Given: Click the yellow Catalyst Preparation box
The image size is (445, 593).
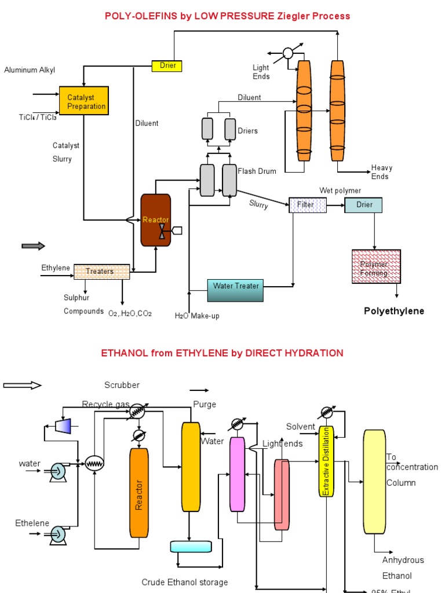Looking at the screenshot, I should pyautogui.click(x=84, y=101).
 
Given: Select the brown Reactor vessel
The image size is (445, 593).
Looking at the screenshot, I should pyautogui.click(x=156, y=220).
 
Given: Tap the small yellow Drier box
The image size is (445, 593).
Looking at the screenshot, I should pyautogui.click(x=167, y=66).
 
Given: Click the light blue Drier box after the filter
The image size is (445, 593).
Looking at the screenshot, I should pyautogui.click(x=363, y=204).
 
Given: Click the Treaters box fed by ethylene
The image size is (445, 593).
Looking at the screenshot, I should pyautogui.click(x=102, y=272).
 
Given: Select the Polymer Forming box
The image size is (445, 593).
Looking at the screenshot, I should pyautogui.click(x=376, y=266).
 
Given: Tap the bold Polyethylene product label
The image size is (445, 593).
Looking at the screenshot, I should pyautogui.click(x=394, y=311).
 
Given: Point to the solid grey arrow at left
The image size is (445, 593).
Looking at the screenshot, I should pyautogui.click(x=33, y=246).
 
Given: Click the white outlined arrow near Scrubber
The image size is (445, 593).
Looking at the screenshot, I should pyautogui.click(x=23, y=385).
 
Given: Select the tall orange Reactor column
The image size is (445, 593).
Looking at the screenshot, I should pyautogui.click(x=138, y=492).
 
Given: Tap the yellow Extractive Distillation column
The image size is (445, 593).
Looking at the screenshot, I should pyautogui.click(x=326, y=462).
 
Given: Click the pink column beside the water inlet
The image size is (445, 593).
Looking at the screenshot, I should pyautogui.click(x=238, y=474).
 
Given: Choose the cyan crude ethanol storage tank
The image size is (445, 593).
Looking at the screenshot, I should pyautogui.click(x=191, y=546).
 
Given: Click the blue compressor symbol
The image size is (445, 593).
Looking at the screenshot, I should pyautogui.click(x=62, y=426).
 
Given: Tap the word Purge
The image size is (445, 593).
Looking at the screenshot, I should pyautogui.click(x=205, y=404).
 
